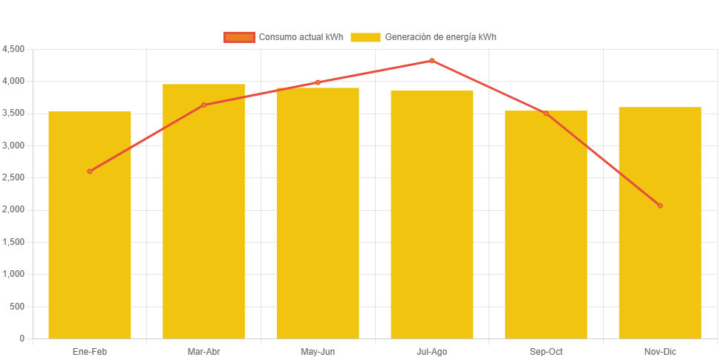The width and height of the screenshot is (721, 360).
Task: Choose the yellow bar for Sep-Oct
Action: pos(546,230)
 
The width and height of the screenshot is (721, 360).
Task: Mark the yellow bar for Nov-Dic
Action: pos(660,230)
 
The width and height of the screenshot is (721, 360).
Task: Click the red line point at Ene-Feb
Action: pos(90,171)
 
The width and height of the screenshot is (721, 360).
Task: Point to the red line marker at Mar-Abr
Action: pos(203,105)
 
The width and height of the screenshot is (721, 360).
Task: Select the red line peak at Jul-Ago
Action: pos(432,61)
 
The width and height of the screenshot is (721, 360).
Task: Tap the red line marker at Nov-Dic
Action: pos(660,206)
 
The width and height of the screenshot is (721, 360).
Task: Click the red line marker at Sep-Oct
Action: pos(546,114)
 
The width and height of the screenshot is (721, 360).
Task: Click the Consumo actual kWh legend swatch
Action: pos(239,37)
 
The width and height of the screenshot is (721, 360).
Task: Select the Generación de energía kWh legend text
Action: pos(440,37)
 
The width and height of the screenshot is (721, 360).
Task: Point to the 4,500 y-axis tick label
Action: pos(13,49)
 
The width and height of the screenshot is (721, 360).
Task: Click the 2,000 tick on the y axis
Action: pos(13,210)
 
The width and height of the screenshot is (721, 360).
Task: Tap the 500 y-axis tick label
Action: pos(18,307)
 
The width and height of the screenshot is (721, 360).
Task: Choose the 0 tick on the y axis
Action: pos(22,338)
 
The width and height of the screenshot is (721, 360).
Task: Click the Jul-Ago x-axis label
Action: pos(432,352)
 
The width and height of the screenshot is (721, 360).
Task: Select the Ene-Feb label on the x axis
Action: pos(90,352)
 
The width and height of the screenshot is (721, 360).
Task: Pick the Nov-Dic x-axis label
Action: pos(660,352)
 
